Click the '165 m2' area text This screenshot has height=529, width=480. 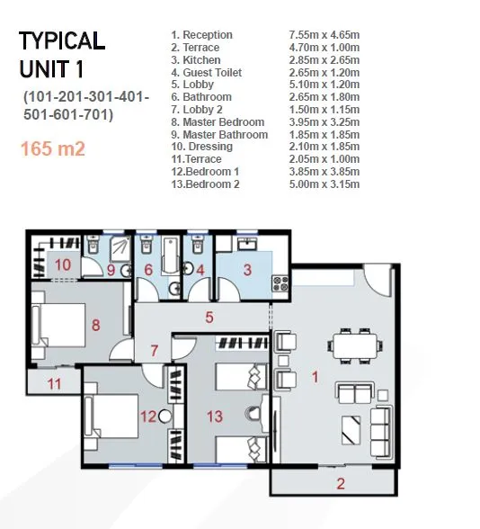(x=55, y=148)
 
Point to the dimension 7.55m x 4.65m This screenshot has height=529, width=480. (x=319, y=35)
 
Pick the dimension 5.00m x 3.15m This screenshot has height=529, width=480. (x=319, y=184)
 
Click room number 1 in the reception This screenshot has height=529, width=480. (x=316, y=377)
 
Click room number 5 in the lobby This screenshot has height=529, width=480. (x=209, y=317)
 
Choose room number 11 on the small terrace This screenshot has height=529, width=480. (x=54, y=384)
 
